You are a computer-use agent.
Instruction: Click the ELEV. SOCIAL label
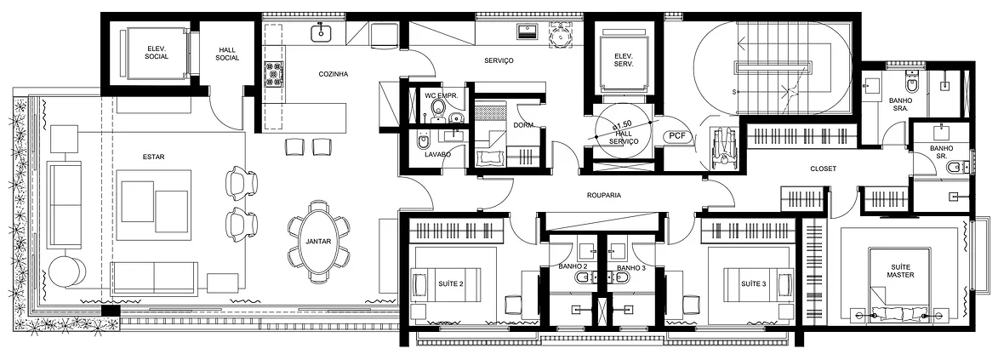pyautogui.click(x=157, y=52)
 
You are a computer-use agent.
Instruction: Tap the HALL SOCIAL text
pyautogui.click(x=227, y=54)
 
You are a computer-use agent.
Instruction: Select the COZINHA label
pyautogui.click(x=334, y=74)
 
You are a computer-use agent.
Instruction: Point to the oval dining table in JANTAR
pyautogui.click(x=317, y=242)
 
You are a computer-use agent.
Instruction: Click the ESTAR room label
pyautogui.click(x=154, y=157)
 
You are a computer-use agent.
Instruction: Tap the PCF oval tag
pyautogui.click(x=676, y=135)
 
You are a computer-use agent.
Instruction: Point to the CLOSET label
pyautogui.click(x=823, y=169)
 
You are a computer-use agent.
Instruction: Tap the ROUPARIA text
pyautogui.click(x=605, y=196)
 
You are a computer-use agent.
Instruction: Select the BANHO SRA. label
pyautogui.click(x=901, y=104)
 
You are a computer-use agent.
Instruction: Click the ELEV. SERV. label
pyautogui.click(x=623, y=60)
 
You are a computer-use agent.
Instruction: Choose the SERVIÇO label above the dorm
pyautogui.click(x=499, y=61)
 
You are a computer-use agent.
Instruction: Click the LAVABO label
pyautogui.click(x=437, y=154)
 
